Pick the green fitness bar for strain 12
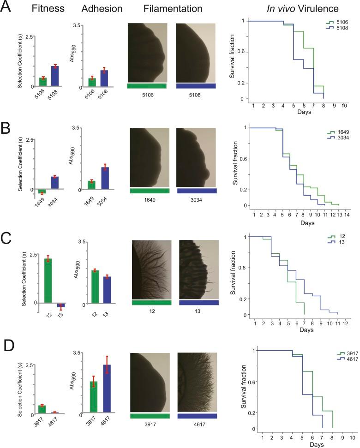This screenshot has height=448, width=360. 48,281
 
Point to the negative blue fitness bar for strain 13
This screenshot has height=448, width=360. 60,305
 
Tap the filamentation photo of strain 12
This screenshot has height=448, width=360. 151,269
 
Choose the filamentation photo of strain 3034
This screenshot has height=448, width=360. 198,157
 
